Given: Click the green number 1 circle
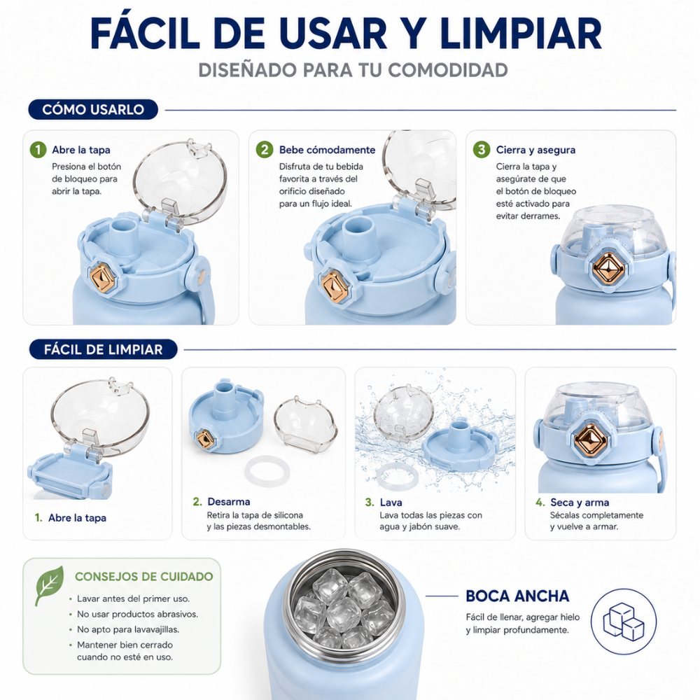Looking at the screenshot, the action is point(38,150).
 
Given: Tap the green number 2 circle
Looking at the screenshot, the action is point(265,150).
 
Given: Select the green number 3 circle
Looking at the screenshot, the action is point(482,150).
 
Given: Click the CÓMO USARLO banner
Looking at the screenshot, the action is point(93,109).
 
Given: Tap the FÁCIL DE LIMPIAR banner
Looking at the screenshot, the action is point(103,349).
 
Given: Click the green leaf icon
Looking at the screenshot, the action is point(49,585).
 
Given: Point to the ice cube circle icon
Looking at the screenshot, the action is point(624,622).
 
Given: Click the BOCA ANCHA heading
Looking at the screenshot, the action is point(517,596).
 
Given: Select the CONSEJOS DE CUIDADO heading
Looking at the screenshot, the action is point(143,576).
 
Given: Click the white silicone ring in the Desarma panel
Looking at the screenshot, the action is point(267,471).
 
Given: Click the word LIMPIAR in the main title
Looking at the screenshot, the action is point(521,34).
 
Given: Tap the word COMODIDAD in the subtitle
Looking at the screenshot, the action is point(448,70).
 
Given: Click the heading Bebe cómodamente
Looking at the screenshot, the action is point(327,150).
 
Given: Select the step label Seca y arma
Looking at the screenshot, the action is point(580,502).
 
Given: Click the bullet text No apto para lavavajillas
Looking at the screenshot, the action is point(128,629).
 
